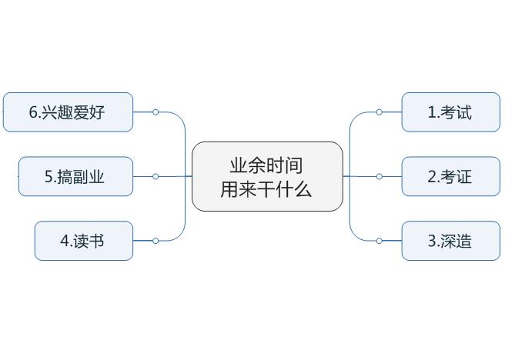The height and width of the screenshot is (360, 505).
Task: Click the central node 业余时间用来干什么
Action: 266,176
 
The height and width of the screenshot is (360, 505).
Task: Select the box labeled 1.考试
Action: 450,112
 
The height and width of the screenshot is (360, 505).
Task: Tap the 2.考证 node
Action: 450,177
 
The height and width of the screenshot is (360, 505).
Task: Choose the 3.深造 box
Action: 450,241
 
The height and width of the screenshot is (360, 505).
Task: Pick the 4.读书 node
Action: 83,241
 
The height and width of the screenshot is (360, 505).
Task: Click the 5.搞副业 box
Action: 75,177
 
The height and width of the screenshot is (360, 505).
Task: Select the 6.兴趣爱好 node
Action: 68,112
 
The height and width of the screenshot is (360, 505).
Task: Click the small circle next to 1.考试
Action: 380,112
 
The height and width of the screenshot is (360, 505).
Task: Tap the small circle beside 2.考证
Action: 380,177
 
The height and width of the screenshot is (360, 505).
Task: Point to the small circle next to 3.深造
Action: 380,241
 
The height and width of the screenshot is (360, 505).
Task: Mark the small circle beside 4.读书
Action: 156,241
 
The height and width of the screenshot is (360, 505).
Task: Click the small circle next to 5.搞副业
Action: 156,177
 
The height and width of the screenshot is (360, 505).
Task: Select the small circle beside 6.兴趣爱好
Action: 156,112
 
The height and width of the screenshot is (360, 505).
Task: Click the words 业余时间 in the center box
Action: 266,165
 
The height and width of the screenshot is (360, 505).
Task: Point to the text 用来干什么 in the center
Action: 266,189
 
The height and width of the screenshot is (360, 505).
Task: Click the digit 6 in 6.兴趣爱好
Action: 34,112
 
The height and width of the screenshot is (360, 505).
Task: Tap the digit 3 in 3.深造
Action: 432,242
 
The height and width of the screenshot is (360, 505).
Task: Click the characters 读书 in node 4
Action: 89,241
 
